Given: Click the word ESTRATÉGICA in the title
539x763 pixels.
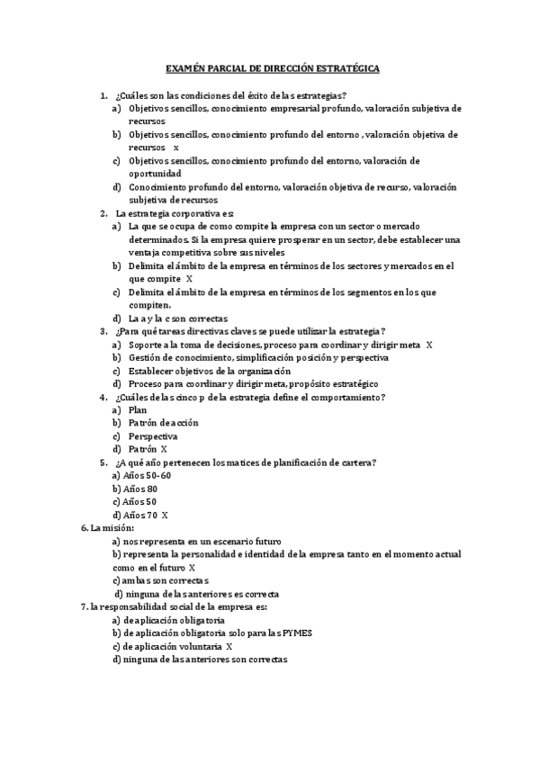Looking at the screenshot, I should (x=348, y=68).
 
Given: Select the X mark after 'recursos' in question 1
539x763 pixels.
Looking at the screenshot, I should (x=176, y=147).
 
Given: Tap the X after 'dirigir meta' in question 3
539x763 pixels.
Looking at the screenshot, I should (x=429, y=345).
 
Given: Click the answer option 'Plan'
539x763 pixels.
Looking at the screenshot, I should (x=138, y=410).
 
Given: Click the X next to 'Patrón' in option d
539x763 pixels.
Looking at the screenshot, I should (x=164, y=449).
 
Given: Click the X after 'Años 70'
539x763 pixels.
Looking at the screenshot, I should (x=165, y=515).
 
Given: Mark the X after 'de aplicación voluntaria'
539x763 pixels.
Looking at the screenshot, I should (x=229, y=646).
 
